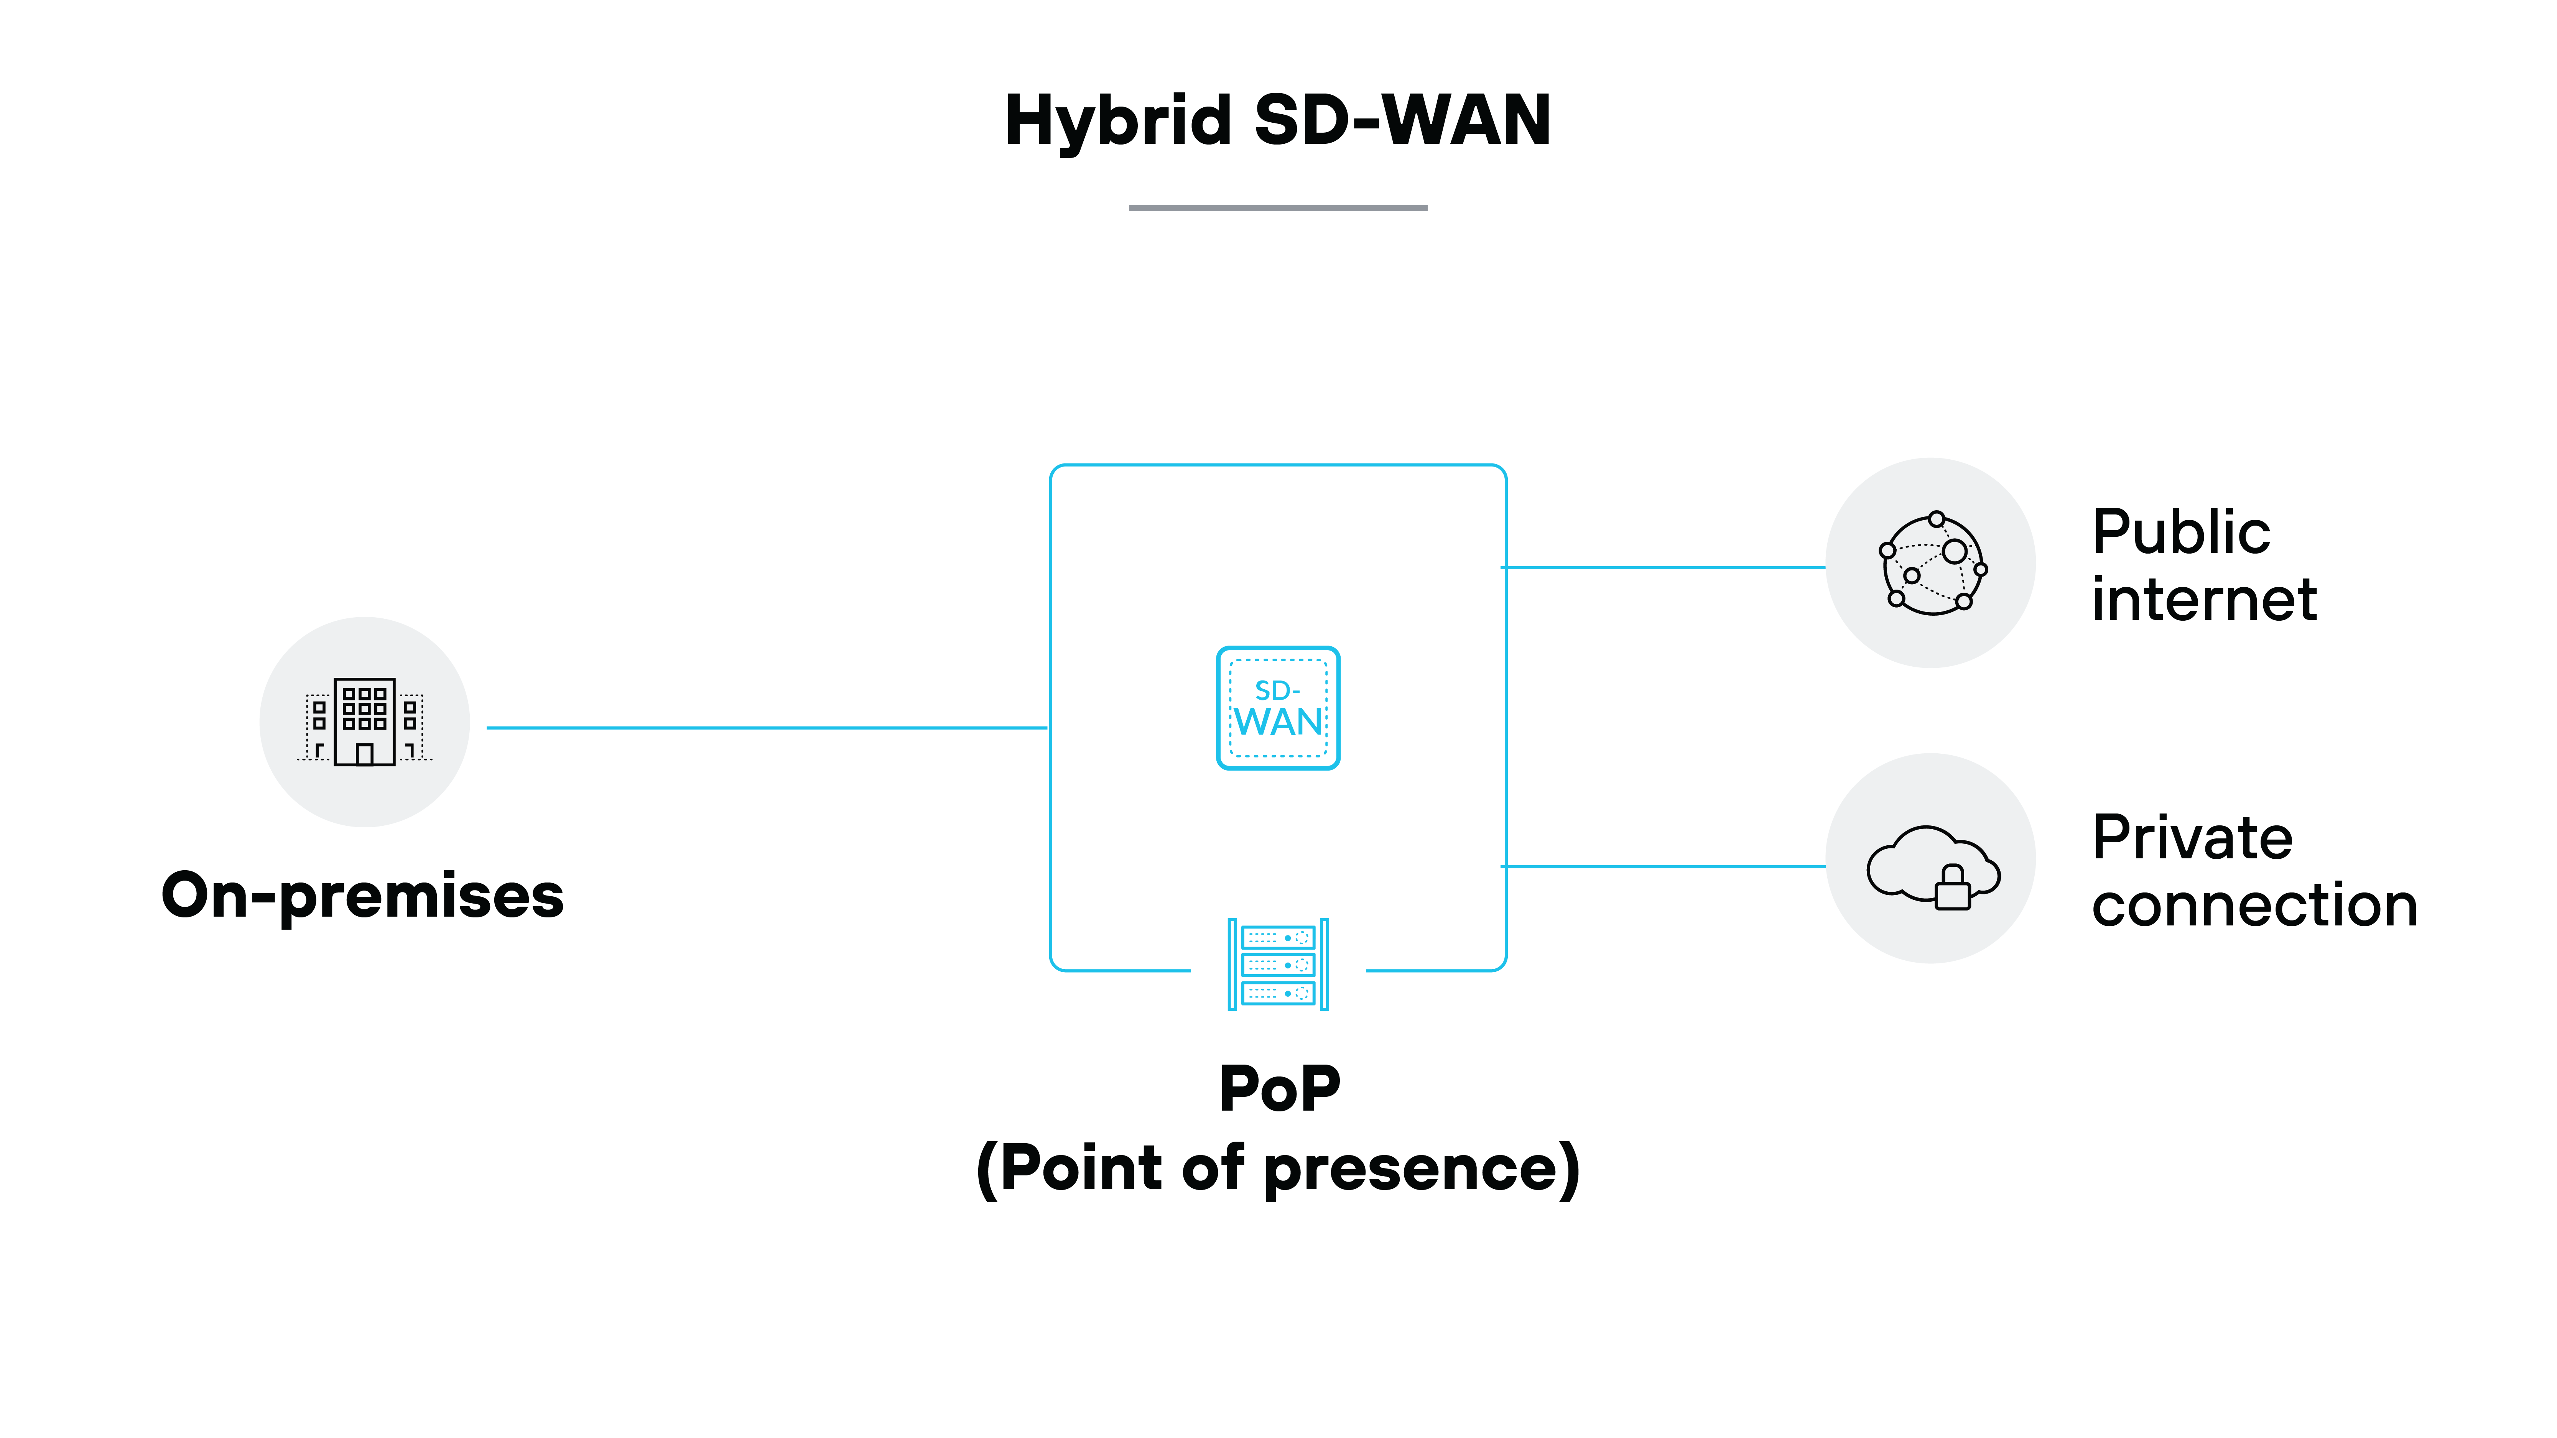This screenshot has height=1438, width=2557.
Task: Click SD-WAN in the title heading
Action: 1402,121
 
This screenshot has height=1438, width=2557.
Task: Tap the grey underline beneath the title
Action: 1277,207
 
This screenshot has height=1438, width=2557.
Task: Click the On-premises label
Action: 363,895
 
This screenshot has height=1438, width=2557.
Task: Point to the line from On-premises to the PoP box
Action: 766,728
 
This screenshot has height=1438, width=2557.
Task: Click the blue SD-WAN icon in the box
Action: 1277,708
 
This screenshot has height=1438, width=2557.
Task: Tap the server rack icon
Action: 1277,964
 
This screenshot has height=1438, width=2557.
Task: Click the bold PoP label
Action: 1278,1089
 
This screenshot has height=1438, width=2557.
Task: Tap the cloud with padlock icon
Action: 1932,863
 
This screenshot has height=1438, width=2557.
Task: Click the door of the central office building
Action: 364,754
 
